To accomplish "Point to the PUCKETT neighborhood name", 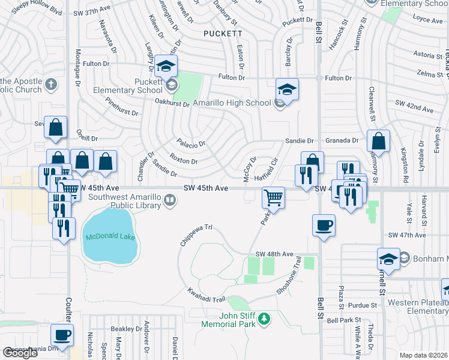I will click(x=223, y=34).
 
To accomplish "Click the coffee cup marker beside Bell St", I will click(x=324, y=225).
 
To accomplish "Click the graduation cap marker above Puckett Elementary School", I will click(x=165, y=65).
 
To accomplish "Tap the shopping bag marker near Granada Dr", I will click(x=378, y=142).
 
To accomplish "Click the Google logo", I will click(x=20, y=353).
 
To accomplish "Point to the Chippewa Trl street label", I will click(x=196, y=236).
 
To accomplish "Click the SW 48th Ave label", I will click(x=274, y=254).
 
